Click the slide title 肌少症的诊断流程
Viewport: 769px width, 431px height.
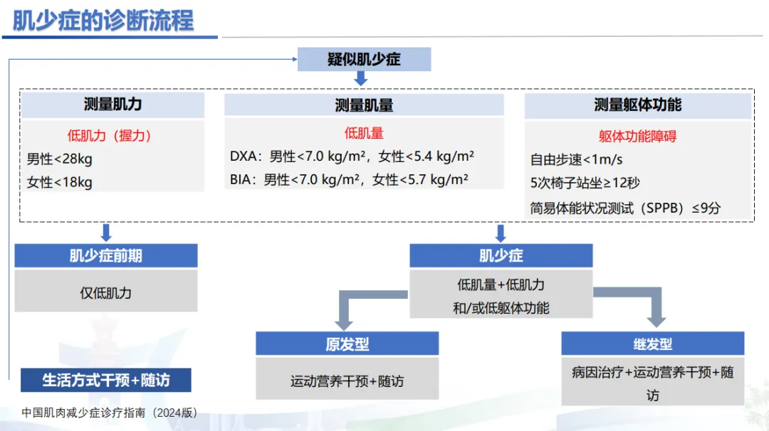pyautogui.click(x=103, y=20)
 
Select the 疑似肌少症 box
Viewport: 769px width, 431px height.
pyautogui.click(x=364, y=59)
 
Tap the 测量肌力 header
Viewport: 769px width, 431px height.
pyautogui.click(x=113, y=105)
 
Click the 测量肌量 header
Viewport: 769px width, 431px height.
pyautogui.click(x=364, y=105)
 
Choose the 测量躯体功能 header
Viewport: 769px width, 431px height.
pyautogui.click(x=638, y=105)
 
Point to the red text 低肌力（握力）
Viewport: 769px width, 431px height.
pyautogui.click(x=110, y=135)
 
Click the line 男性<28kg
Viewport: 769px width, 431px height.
pyautogui.click(x=60, y=159)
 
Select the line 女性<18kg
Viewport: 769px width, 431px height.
pyautogui.click(x=60, y=182)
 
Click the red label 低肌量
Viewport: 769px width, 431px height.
pyautogui.click(x=364, y=133)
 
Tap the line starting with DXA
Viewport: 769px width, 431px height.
pyautogui.click(x=352, y=156)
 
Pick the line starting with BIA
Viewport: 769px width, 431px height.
pyautogui.click(x=349, y=180)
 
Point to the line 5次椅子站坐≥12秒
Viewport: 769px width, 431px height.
pyautogui.click(x=585, y=183)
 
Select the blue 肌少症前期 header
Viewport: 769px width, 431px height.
pyautogui.click(x=105, y=256)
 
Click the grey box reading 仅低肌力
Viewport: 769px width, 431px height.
pyautogui.click(x=105, y=292)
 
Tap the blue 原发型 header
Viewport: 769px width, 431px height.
pyautogui.click(x=347, y=344)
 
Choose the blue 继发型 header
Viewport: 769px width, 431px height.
pyautogui.click(x=653, y=344)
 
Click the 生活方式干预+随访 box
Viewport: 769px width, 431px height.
pyautogui.click(x=106, y=380)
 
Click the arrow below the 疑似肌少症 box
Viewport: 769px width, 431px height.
pyautogui.click(x=361, y=78)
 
